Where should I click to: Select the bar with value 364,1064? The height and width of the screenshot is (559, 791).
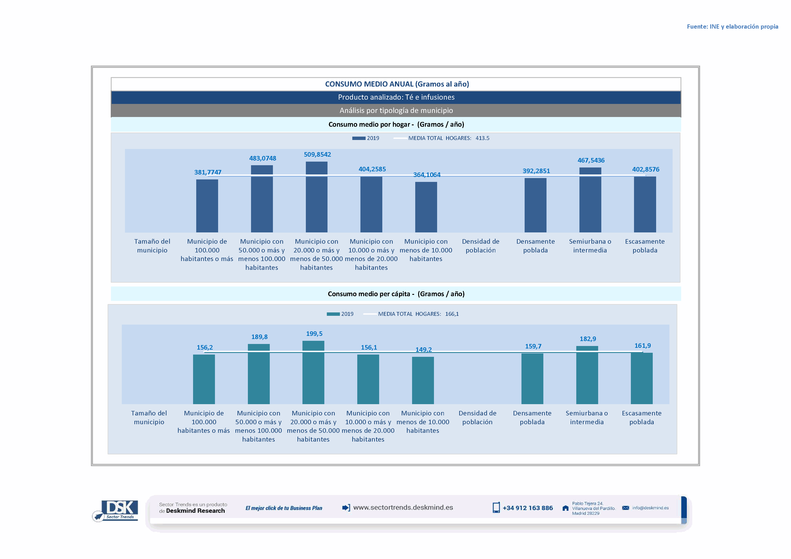pos(426,207)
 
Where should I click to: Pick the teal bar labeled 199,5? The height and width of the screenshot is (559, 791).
pos(313,372)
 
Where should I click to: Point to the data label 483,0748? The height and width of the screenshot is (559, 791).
pos(263,158)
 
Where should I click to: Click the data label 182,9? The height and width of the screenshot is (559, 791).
pos(588,339)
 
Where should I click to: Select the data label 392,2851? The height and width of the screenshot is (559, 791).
pos(536,171)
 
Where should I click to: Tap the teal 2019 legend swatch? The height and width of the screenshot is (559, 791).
pos(333,314)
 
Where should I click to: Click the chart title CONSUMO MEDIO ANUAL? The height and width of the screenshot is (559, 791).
pos(397,84)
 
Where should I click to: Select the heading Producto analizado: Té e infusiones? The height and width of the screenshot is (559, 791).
pos(396,97)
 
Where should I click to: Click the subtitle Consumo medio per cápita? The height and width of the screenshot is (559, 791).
pos(396,294)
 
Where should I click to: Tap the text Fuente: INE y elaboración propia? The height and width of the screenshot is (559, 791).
pos(732,27)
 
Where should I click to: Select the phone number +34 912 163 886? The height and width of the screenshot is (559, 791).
pos(528,508)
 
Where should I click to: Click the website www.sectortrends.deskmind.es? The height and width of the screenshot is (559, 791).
pos(403,508)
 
